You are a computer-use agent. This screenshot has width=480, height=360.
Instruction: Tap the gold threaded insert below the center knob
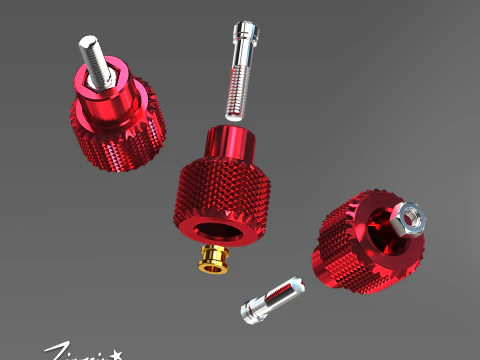(x=211, y=259)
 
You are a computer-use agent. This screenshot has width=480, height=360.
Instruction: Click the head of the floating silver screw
(x=243, y=36)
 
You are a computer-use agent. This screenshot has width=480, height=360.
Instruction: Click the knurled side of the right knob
(x=340, y=255)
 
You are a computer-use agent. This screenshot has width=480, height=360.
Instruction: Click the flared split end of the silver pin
(x=251, y=310)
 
